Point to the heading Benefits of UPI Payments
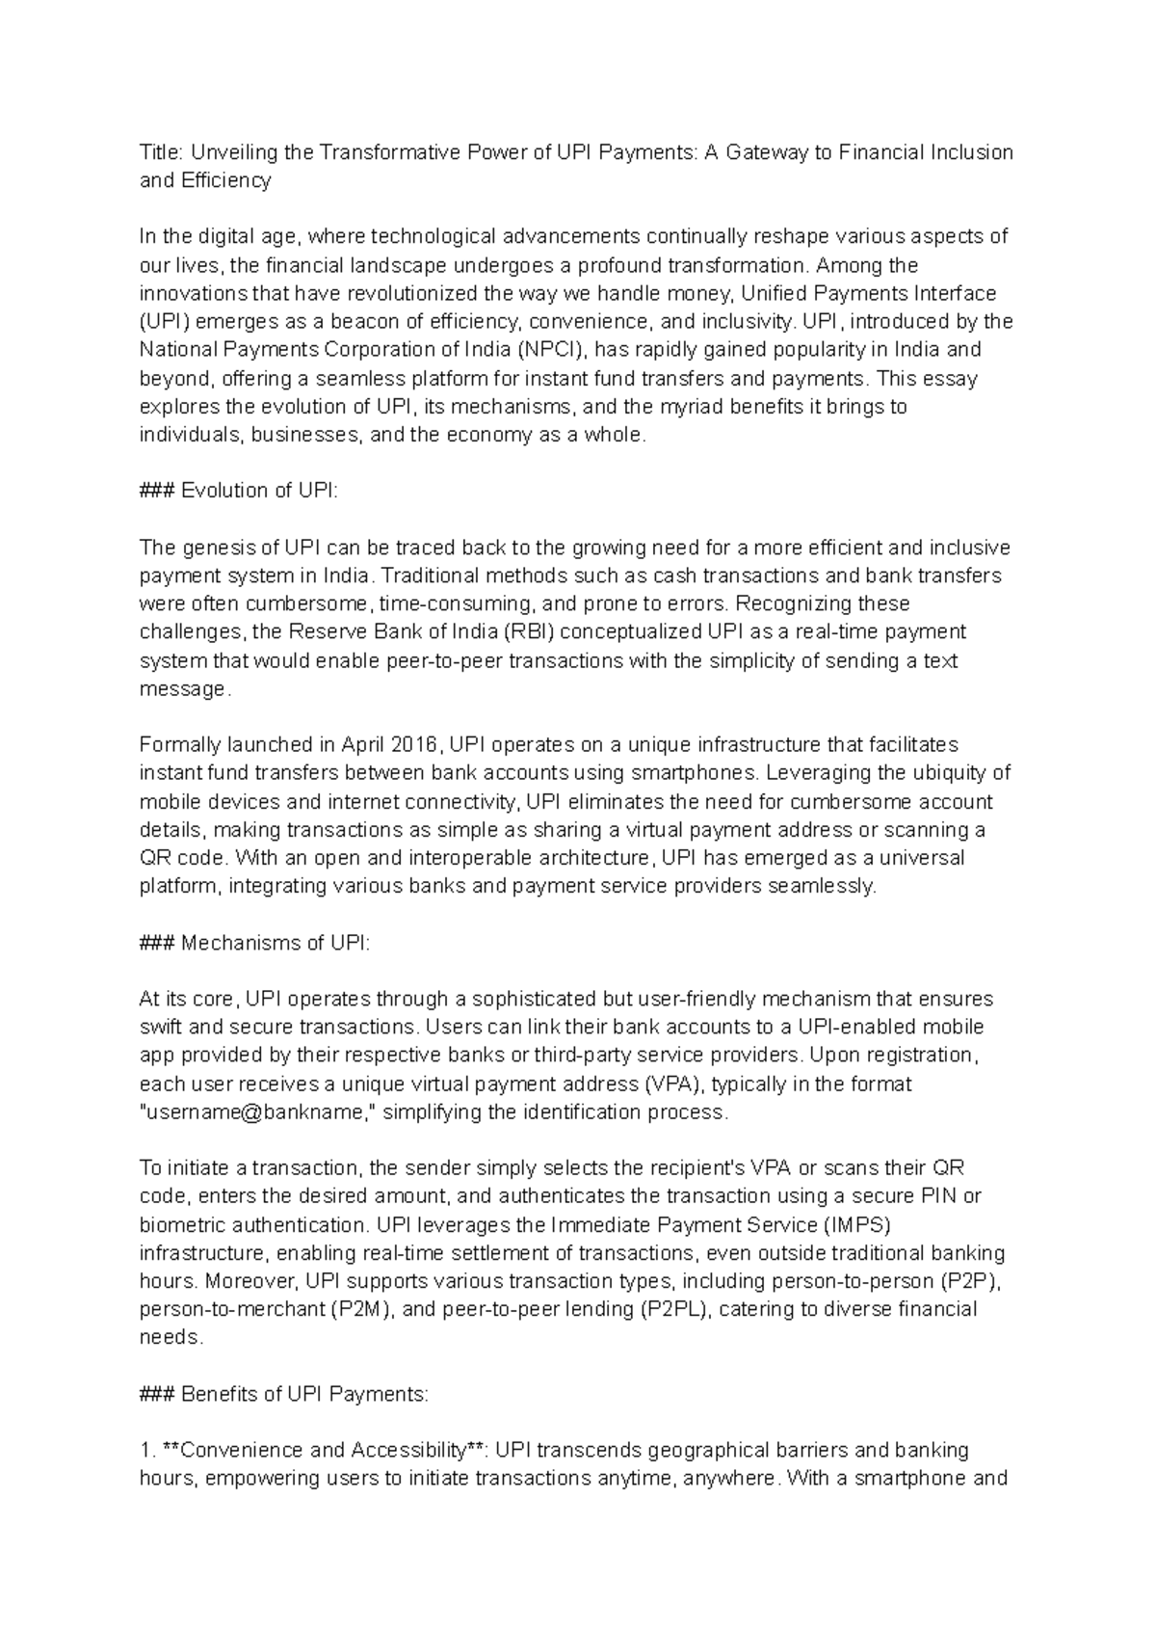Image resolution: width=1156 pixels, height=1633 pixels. coord(303,1394)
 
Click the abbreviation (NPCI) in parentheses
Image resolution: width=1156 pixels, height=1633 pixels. coord(550,350)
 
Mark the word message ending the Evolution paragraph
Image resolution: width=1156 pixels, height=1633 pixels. coord(182,689)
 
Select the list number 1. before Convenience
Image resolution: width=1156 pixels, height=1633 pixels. coord(146,1451)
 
